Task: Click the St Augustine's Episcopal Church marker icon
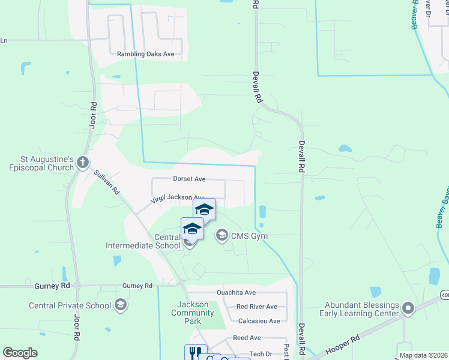point(83,162)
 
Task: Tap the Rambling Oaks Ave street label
point(145,54)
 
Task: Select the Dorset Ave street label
point(189,179)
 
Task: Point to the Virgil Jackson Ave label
point(178,197)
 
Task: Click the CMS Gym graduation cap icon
point(222,235)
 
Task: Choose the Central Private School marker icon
point(121,305)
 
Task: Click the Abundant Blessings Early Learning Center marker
point(408,308)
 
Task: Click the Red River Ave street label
point(256,306)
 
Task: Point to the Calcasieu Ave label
point(259,321)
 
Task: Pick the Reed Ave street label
point(247,338)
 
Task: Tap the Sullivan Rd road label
point(105,181)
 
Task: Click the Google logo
point(20,353)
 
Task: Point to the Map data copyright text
point(423,355)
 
